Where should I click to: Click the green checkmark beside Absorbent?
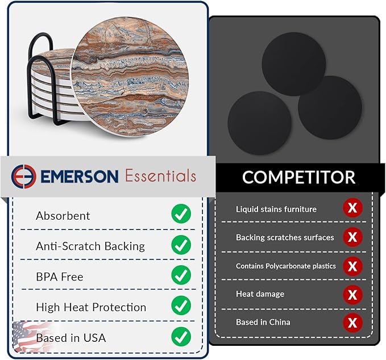pyautogui.click(x=181, y=215)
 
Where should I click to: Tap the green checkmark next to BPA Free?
pyautogui.click(x=181, y=276)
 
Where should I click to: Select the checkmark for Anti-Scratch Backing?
pyautogui.click(x=181, y=245)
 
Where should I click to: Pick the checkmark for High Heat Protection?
pyautogui.click(x=181, y=306)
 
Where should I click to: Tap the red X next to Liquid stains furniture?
pyautogui.click(x=352, y=208)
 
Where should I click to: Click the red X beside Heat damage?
pyautogui.click(x=352, y=294)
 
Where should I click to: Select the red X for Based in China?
pyautogui.click(x=352, y=323)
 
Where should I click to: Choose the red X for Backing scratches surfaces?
pyautogui.click(x=352, y=237)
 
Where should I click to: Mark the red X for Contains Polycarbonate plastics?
pyautogui.click(x=352, y=266)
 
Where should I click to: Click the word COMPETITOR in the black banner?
pyautogui.click(x=298, y=177)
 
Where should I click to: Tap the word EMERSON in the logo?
pyautogui.click(x=80, y=176)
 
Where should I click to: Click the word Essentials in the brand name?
pyautogui.click(x=160, y=176)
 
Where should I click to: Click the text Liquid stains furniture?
pyautogui.click(x=276, y=209)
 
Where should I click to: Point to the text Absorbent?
pyautogui.click(x=63, y=216)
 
